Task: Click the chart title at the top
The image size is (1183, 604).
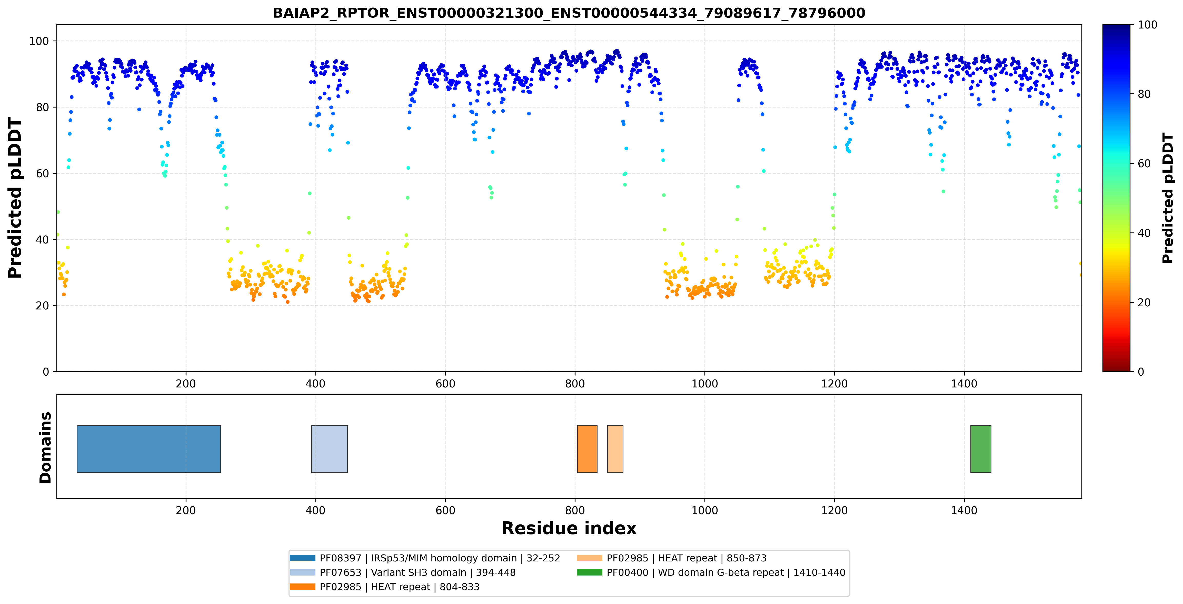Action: point(569,13)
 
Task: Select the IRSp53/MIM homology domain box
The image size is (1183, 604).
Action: point(149,449)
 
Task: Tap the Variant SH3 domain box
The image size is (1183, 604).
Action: point(329,449)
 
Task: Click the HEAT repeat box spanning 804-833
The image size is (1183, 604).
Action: point(587,449)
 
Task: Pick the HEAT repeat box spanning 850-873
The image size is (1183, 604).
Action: point(615,449)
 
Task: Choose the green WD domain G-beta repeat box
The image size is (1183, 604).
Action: point(980,449)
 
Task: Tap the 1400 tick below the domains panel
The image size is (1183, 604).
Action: point(964,510)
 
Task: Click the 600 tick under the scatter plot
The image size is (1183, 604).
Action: point(445,384)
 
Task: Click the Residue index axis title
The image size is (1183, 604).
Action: point(569,528)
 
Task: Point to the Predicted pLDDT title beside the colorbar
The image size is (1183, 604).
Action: point(1167,198)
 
